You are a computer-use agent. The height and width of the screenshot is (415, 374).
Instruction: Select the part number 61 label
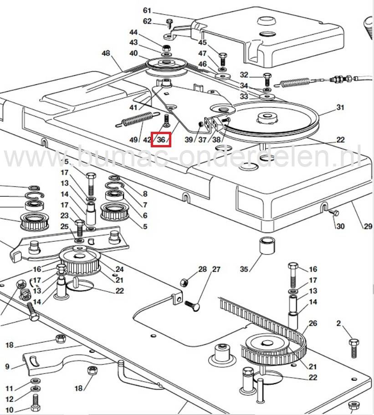click(147, 10)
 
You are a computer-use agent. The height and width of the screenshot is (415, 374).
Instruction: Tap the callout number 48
click(106, 53)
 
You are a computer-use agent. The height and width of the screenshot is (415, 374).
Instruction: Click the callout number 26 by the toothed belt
click(312, 323)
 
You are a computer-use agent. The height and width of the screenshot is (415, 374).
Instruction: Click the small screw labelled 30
click(333, 213)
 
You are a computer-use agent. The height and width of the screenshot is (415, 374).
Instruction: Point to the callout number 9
click(7, 366)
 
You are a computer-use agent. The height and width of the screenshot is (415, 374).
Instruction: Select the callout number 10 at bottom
click(10, 410)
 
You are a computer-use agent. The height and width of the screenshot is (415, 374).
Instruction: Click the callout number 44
click(133, 32)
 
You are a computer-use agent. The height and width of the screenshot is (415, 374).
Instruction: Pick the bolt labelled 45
click(223, 59)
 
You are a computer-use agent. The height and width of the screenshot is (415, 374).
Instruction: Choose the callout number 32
click(244, 75)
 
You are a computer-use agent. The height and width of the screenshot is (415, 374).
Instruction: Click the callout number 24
click(119, 269)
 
